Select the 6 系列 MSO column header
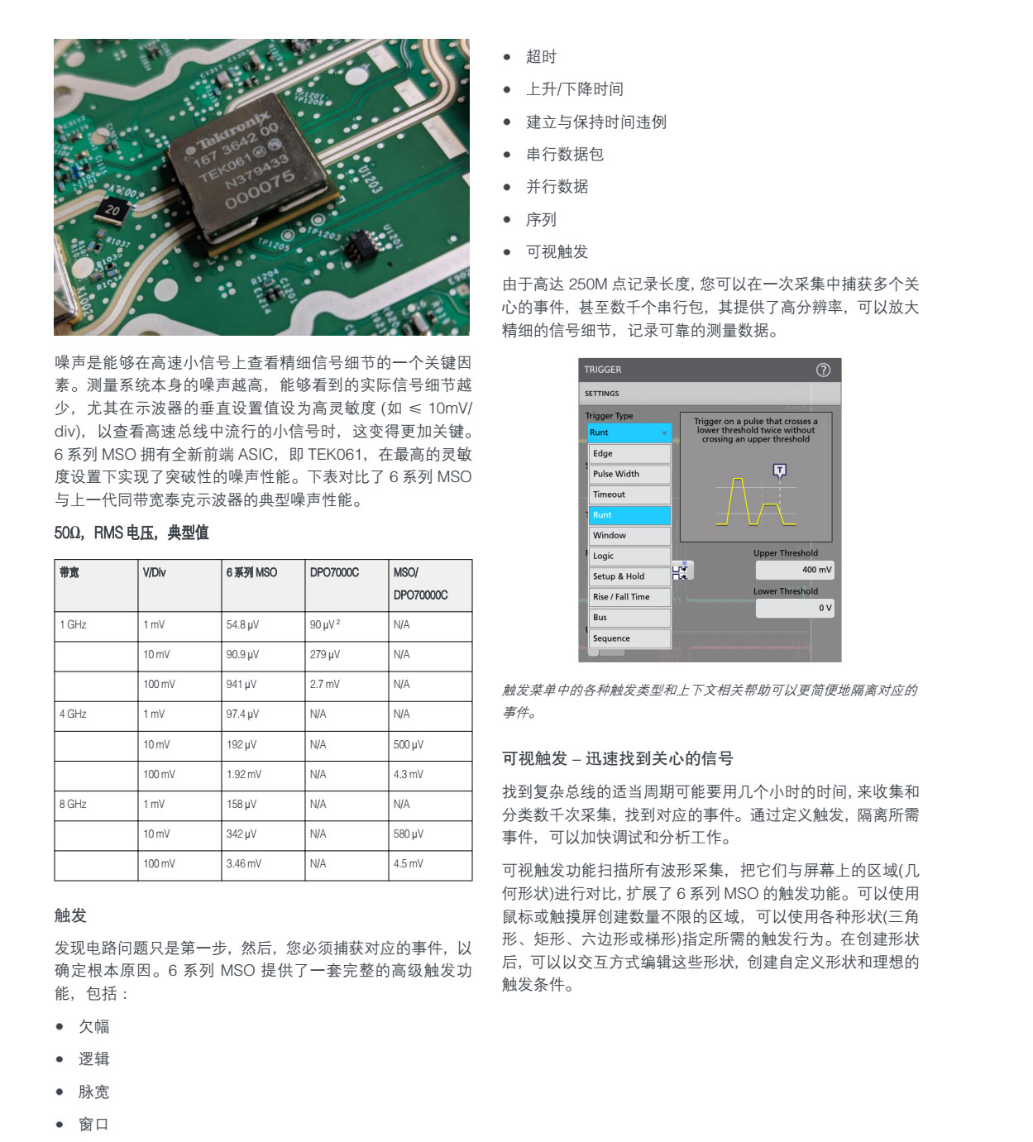pyautogui.click(x=251, y=572)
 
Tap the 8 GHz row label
pyautogui.click(x=73, y=804)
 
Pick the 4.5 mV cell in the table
pyautogui.click(x=408, y=863)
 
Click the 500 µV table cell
pyautogui.click(x=408, y=744)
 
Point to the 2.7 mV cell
pyautogui.click(x=324, y=685)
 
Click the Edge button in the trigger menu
pyautogui.click(x=629, y=454)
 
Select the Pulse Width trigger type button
pyautogui.click(x=629, y=474)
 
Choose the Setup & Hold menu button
pyautogui.click(x=629, y=576)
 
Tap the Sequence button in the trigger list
pyautogui.click(x=629, y=638)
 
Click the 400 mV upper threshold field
pyautogui.click(x=794, y=570)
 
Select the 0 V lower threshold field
pyautogui.click(x=794, y=608)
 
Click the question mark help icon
pyautogui.click(x=823, y=370)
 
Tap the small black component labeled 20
pyautogui.click(x=112, y=210)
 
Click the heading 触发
pyautogui.click(x=70, y=915)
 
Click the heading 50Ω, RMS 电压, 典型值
pyautogui.click(x=132, y=533)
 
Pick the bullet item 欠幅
pyautogui.click(x=93, y=1026)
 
